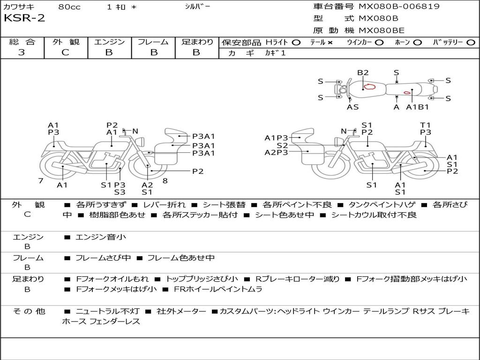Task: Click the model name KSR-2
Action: click(24, 19)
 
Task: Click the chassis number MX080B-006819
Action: click(399, 7)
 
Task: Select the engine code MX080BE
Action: click(381, 31)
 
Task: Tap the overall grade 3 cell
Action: click(22, 52)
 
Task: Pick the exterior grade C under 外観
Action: click(65, 52)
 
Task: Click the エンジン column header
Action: click(109, 42)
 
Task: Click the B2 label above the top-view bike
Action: click(363, 73)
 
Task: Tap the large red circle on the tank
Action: click(370, 86)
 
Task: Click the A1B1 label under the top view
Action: click(417, 107)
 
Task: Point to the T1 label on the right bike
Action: click(425, 125)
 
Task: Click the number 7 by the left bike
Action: click(41, 180)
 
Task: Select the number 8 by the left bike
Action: click(165, 180)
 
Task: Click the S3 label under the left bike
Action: click(120, 192)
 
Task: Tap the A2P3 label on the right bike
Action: click(277, 152)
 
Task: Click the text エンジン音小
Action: click(100, 237)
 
